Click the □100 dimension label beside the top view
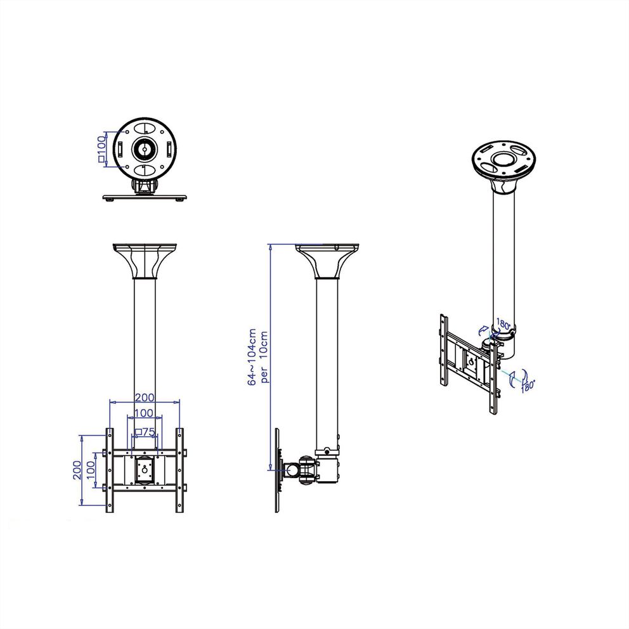click(101, 150)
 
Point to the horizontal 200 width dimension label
click(145, 397)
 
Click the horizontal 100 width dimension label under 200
click(145, 413)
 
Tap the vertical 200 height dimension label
click(75, 469)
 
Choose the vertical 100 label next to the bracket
click(91, 470)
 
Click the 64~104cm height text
click(252, 356)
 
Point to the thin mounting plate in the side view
click(278, 470)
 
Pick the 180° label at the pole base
click(503, 323)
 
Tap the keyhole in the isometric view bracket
click(470, 363)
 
